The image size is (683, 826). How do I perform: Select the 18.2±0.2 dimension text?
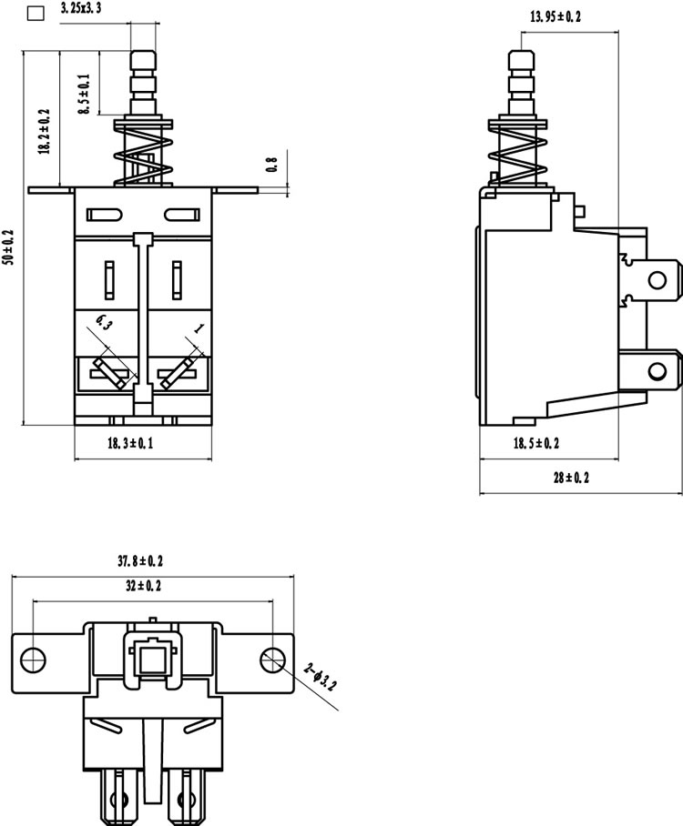coord(45,132)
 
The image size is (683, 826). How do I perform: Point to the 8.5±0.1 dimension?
coord(85,94)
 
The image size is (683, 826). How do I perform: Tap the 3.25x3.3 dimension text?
coord(81,8)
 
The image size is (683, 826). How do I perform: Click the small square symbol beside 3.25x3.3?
coord(36,13)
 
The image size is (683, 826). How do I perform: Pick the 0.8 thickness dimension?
coord(272,165)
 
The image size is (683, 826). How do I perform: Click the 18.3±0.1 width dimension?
coord(130,443)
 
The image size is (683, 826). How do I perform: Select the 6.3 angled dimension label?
coord(104,322)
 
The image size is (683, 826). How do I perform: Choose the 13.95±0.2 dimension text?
coord(556,17)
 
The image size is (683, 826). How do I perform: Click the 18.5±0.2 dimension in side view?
coord(536,443)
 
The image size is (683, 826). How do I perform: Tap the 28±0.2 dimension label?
coord(571,478)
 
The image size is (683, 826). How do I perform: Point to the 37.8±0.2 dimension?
coord(140,561)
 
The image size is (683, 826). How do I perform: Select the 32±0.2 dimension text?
coord(144,585)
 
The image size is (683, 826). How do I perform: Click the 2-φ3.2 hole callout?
coord(321,677)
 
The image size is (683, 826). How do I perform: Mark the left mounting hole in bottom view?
coord(33,660)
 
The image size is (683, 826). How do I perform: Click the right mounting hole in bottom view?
coord(273,660)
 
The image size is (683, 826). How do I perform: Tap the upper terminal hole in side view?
coord(658,279)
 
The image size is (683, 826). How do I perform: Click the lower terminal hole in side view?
coord(658,372)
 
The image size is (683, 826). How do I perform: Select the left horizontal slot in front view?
coord(105,215)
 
